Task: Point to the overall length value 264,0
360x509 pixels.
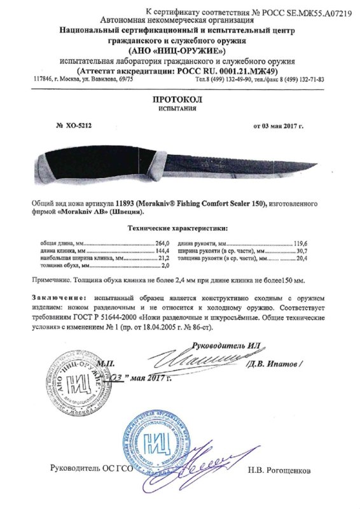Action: (163, 243)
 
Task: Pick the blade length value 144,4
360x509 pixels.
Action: (163, 251)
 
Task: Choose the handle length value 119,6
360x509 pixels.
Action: (316, 243)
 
